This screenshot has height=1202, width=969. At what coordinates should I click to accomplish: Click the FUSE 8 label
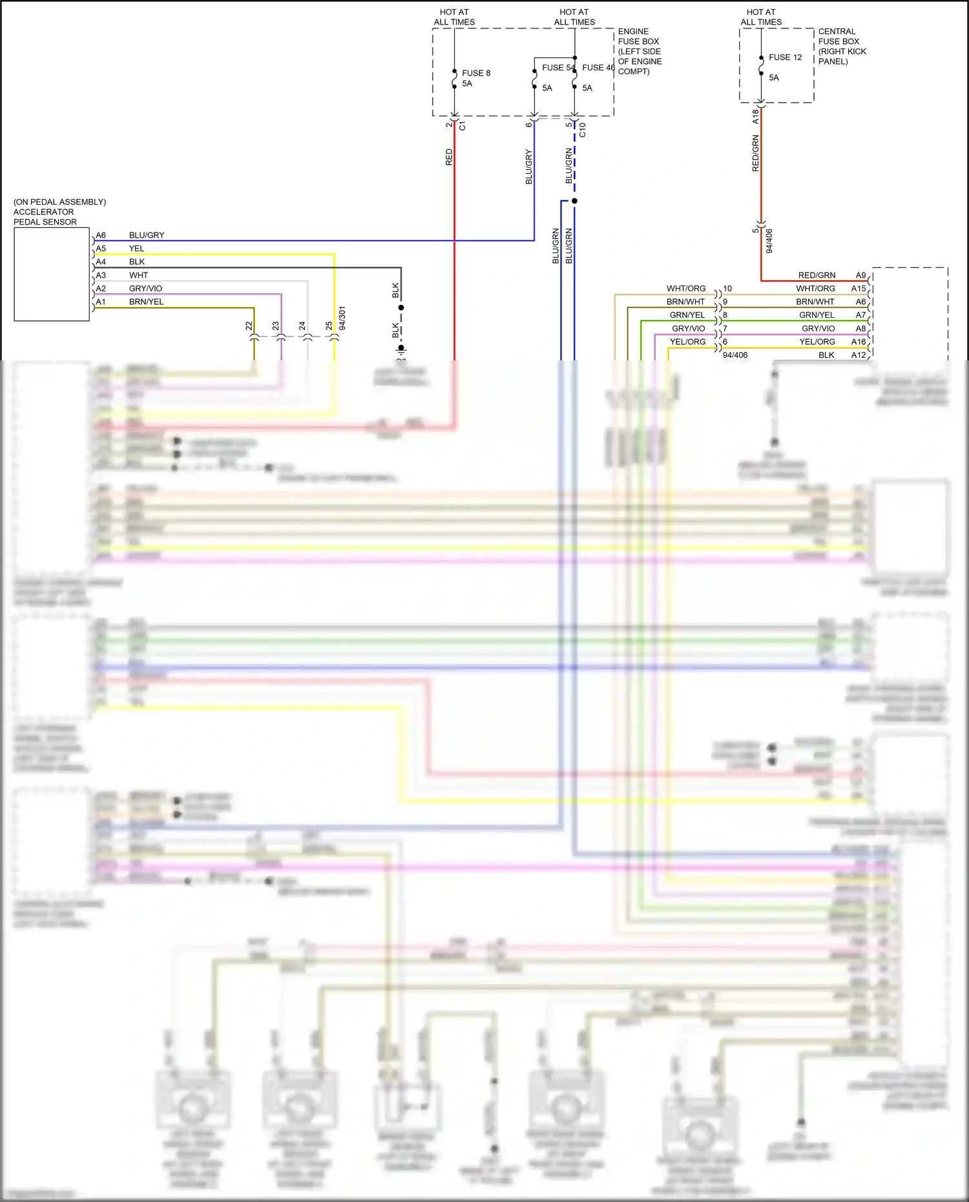coord(476,73)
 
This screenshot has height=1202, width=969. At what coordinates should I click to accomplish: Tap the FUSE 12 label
coord(785,57)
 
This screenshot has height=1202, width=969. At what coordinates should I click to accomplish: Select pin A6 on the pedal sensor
coord(101,235)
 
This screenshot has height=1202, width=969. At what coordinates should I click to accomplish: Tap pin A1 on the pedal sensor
coord(101,302)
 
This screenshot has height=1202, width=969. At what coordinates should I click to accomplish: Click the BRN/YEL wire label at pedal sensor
coord(146,302)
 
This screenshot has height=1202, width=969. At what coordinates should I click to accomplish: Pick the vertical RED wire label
coord(449,158)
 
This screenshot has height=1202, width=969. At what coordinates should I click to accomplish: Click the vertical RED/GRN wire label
coord(755,153)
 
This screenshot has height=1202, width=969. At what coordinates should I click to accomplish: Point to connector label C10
coord(582,130)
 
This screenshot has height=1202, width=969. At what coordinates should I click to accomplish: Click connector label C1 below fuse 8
coord(462,126)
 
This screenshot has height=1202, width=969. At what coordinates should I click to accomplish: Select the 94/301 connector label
coord(342,318)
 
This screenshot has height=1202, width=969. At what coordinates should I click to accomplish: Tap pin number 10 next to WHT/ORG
coord(727,289)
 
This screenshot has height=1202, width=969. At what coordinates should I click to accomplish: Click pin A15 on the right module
coord(858,289)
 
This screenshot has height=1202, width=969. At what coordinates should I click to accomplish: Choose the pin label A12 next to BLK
coord(858,355)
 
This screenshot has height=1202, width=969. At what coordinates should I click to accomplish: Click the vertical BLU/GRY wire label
coord(528,167)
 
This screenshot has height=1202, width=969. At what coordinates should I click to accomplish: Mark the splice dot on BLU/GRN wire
coord(574,201)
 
